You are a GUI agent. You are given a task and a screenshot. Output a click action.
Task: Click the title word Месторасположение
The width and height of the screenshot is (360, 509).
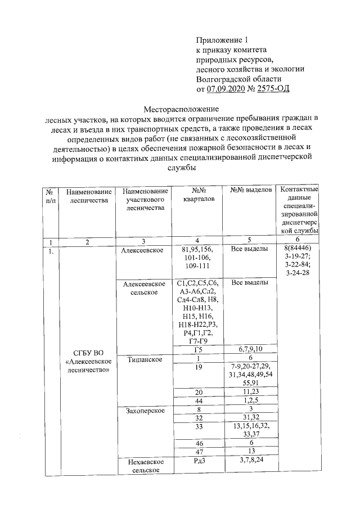click(x=180, y=108)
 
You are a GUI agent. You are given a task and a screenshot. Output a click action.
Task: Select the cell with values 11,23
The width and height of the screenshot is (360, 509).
click(x=251, y=391)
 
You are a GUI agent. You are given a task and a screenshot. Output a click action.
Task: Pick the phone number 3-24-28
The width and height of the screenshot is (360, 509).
click(x=299, y=273)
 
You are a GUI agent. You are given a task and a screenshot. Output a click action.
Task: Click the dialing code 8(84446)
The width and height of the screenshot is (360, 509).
click(x=299, y=248)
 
